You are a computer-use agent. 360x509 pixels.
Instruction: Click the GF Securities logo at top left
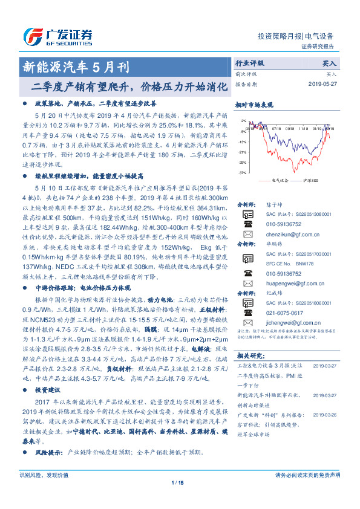click(58, 34)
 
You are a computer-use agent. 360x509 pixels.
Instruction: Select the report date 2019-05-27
click(321, 84)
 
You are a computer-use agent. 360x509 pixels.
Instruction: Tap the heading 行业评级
click(249, 63)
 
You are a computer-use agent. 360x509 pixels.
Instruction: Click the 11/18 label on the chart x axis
click(301, 128)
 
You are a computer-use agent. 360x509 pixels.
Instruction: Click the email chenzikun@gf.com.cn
click(289, 233)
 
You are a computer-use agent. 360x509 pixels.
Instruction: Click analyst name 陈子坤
click(275, 204)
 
